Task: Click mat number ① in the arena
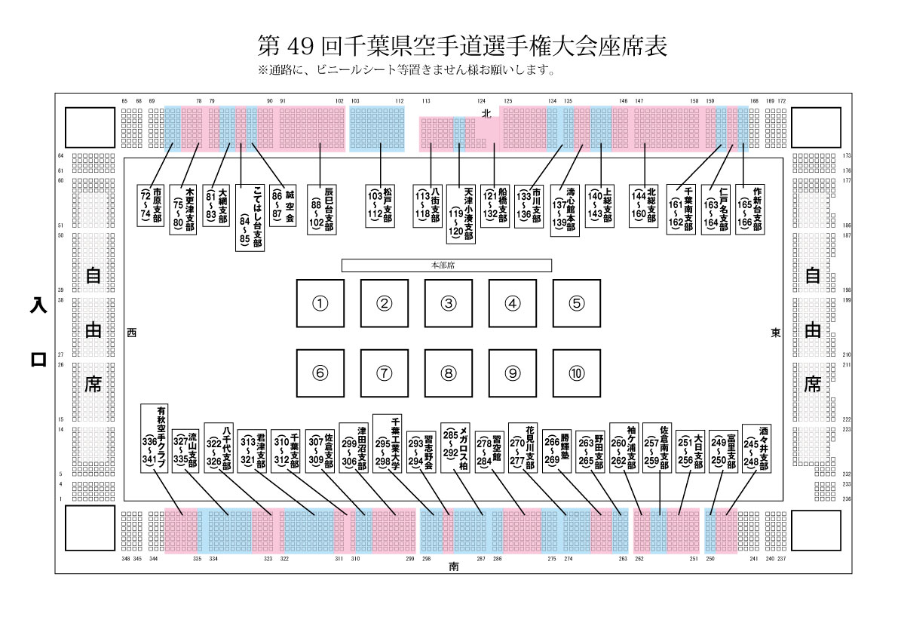click(320, 303)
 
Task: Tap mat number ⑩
click(576, 372)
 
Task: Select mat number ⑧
click(449, 372)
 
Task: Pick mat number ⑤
click(576, 303)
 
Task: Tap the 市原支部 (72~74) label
click(151, 204)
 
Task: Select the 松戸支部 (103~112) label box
click(382, 204)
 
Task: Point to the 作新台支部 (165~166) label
click(752, 209)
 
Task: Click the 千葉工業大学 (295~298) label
click(390, 443)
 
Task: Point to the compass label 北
click(486, 113)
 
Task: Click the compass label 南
click(453, 565)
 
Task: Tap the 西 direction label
click(132, 333)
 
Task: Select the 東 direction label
click(776, 333)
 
